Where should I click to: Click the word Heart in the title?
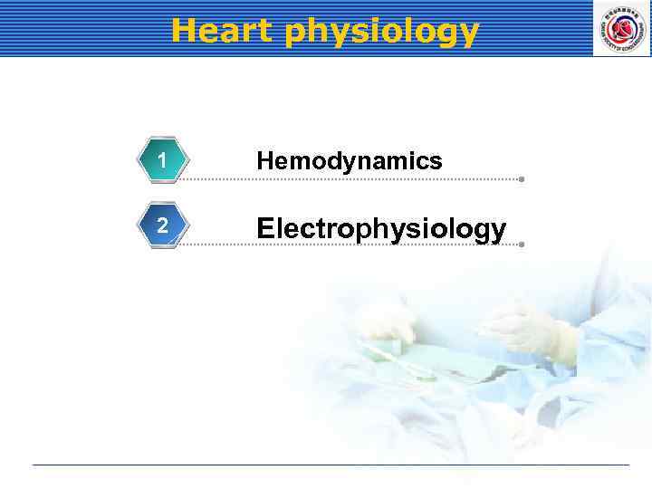point(222,31)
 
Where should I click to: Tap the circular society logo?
point(621,28)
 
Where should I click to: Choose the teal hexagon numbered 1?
point(161,161)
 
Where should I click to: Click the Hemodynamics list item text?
point(349,161)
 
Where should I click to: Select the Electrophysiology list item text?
point(380,228)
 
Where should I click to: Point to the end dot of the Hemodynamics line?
point(522,179)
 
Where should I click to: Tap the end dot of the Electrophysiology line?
point(522,244)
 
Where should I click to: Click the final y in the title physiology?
point(468,34)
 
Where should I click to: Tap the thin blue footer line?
point(331,465)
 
